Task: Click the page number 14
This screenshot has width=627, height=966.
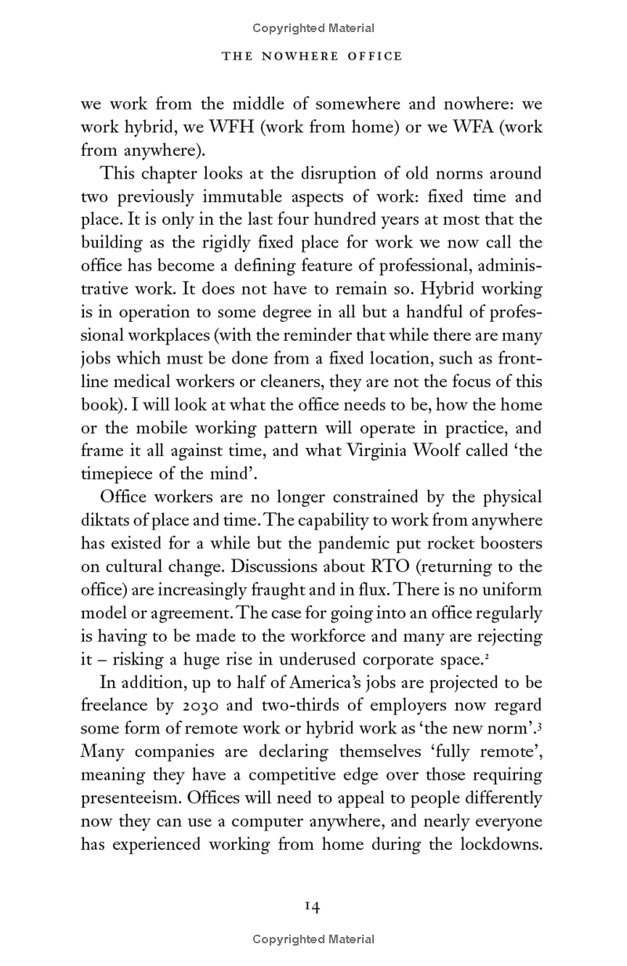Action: (313, 906)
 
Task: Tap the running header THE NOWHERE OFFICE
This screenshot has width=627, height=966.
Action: (313, 56)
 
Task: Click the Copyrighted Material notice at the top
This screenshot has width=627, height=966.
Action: (313, 28)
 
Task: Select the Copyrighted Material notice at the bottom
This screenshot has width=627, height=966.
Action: (313, 939)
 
